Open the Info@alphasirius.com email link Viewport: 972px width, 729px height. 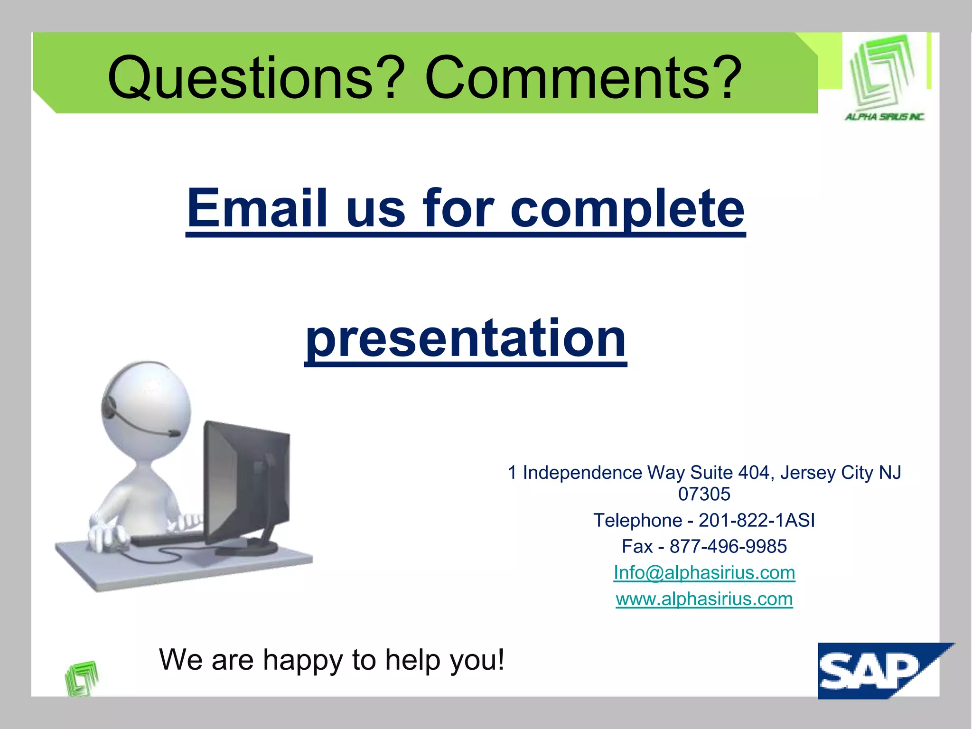coord(704,573)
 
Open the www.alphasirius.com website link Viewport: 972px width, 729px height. coord(704,599)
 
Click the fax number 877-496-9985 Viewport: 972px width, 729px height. coord(728,546)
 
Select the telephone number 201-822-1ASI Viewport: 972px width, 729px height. coord(757,520)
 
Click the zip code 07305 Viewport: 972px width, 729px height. coord(704,494)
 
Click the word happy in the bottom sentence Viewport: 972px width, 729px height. coord(302,660)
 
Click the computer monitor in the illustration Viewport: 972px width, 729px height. coord(247,479)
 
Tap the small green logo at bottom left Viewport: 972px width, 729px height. coord(82,678)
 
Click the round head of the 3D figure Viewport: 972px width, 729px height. coord(147,408)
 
